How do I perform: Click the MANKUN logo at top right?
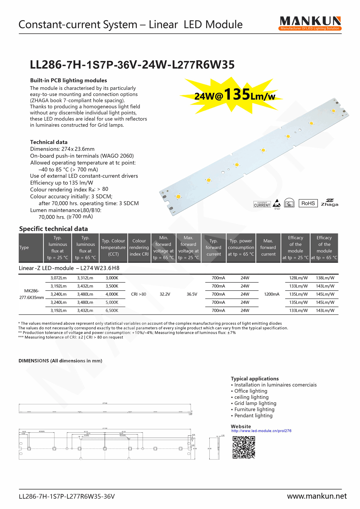click(x=310, y=23)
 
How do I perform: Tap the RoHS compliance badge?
click(x=308, y=203)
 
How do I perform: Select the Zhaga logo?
click(x=329, y=203)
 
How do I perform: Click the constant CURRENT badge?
click(x=262, y=204)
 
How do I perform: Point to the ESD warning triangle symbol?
click(x=277, y=203)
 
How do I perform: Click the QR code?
click(x=244, y=447)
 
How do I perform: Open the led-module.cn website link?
click(x=261, y=431)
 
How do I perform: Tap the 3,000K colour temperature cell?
click(x=112, y=278)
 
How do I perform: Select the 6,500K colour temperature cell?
click(x=112, y=310)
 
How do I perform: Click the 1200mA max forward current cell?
click(x=272, y=294)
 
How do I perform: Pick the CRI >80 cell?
click(x=139, y=294)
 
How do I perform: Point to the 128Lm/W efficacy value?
click(x=298, y=278)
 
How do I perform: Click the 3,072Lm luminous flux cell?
click(x=58, y=278)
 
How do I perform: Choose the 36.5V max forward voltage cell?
click(x=192, y=294)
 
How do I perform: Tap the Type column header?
click(x=24, y=247)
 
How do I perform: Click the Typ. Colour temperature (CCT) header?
click(x=113, y=247)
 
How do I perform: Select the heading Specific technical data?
click(x=53, y=229)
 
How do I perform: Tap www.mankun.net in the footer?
click(x=317, y=496)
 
